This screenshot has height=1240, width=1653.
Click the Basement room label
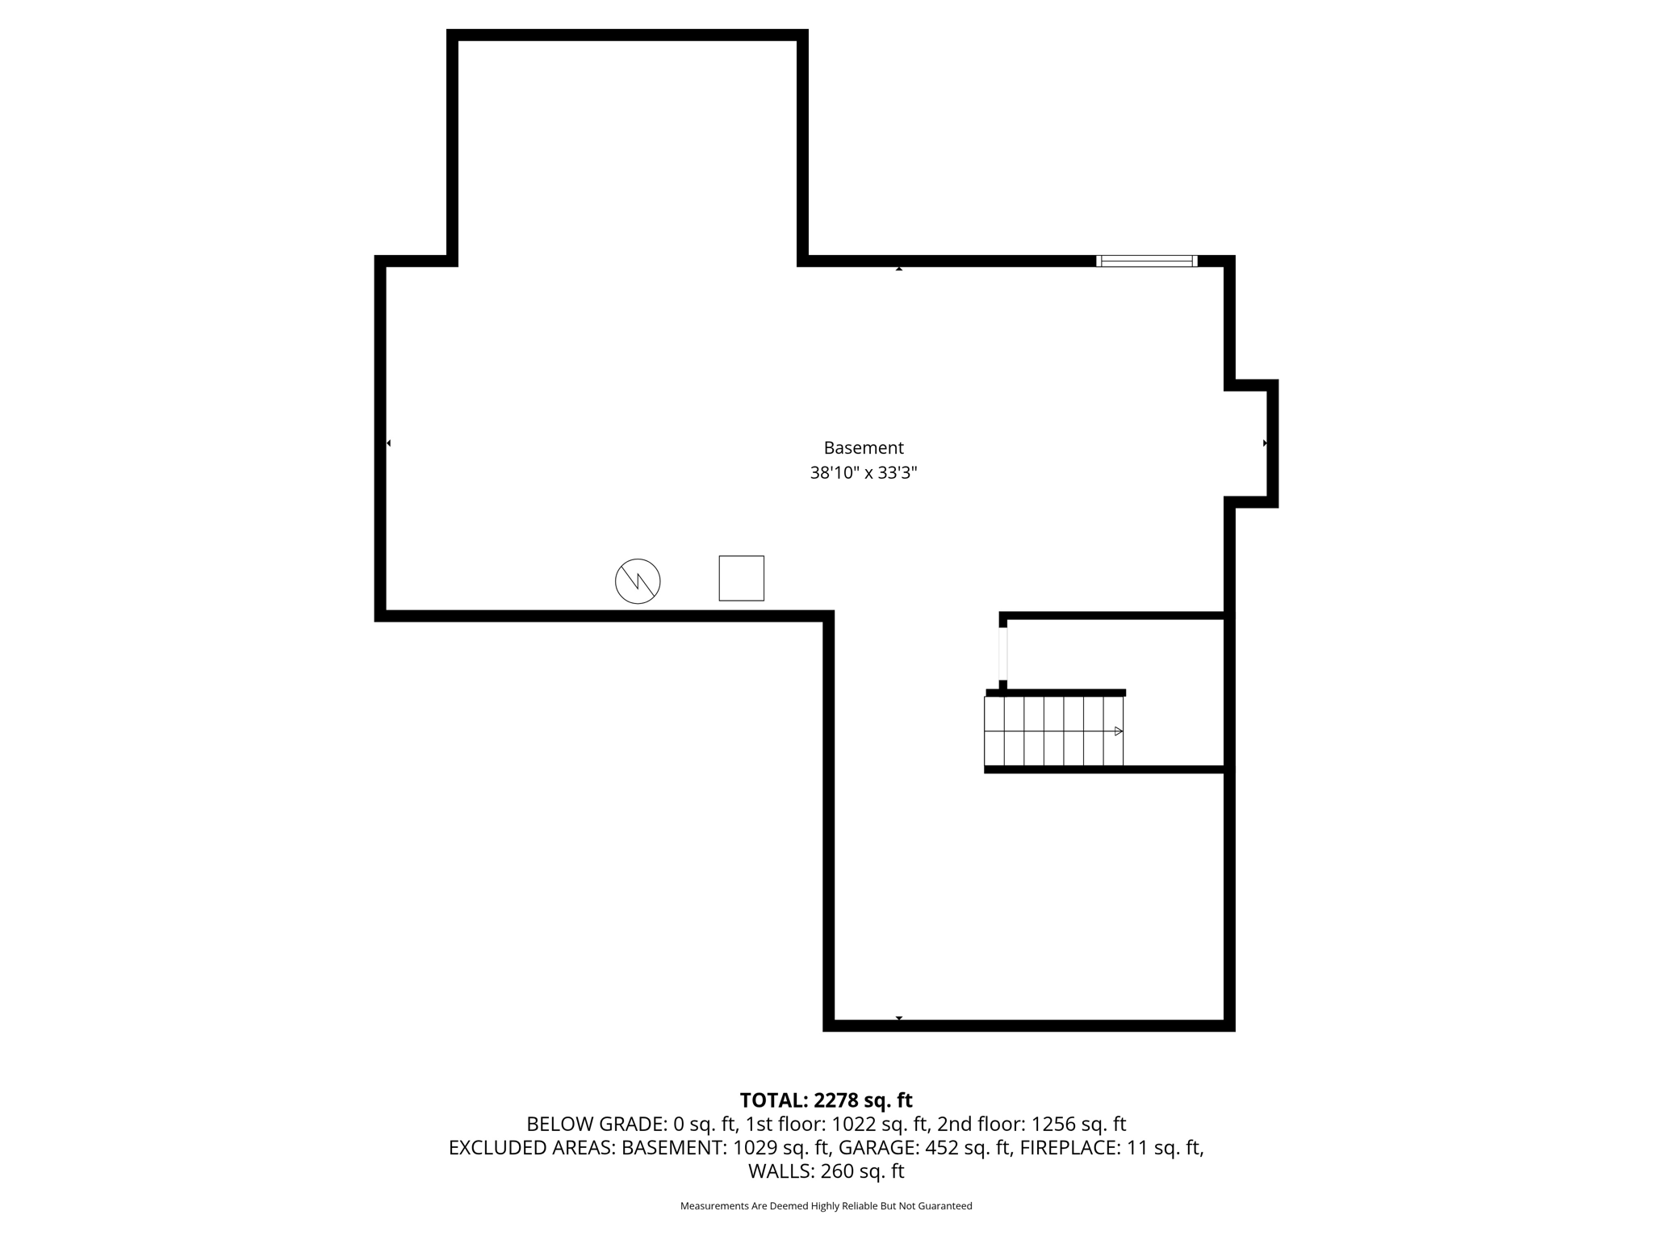863,448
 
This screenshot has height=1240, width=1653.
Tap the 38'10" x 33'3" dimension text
863,473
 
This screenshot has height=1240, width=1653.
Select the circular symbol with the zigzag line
638,580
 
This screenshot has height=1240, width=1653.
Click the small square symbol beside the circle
741,578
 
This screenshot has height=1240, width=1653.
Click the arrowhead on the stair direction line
1118,731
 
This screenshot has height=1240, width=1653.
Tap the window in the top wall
1146,261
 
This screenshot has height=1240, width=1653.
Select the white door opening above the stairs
1003,654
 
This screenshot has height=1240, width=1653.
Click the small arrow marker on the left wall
388,443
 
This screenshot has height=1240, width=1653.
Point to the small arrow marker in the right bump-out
1265,443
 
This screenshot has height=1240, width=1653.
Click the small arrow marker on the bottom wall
898,1018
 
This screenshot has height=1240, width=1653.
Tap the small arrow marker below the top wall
898,268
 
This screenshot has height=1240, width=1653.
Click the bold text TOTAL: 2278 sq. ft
826,1100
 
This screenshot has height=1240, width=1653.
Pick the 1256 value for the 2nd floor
1053,1124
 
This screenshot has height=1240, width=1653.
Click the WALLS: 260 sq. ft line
826,1171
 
